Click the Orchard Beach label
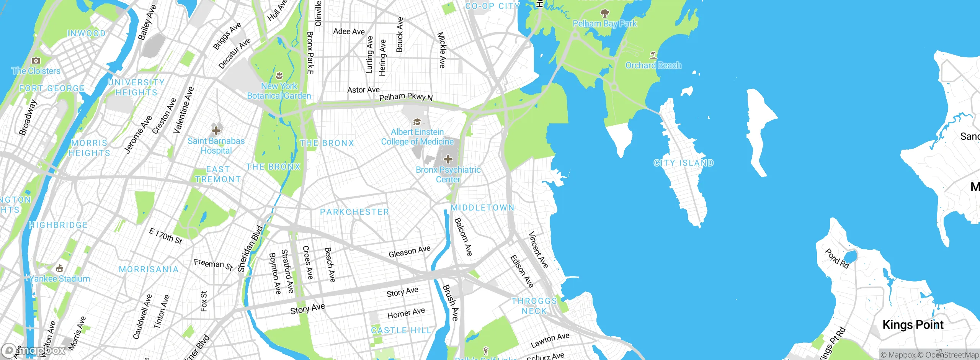(653, 65)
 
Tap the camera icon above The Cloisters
(36, 61)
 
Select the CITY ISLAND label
(683, 163)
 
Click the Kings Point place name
(913, 325)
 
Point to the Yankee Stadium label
(60, 279)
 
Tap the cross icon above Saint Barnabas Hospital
(216, 131)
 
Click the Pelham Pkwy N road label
(405, 97)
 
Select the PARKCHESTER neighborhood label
(354, 212)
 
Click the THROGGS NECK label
(534, 306)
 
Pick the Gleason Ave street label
(409, 252)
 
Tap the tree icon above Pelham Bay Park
(604, 14)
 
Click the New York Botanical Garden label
(279, 91)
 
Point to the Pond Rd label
(837, 259)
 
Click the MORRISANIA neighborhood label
(149, 270)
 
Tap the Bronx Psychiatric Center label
(448, 175)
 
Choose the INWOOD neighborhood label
(86, 34)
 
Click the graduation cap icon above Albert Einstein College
(417, 122)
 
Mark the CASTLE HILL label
(401, 331)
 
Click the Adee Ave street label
(349, 31)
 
